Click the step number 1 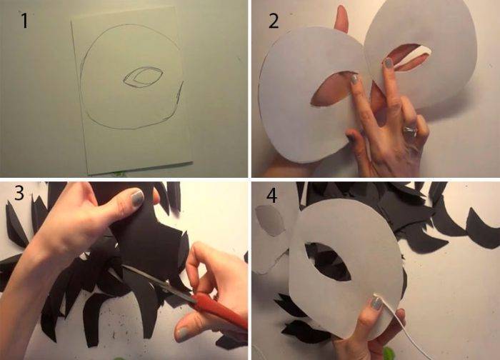[24, 21]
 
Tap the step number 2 [274, 21]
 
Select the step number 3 [19, 193]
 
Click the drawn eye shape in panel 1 [143, 77]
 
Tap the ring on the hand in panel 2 [410, 131]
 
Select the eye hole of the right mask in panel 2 [411, 56]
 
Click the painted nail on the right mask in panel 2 [389, 62]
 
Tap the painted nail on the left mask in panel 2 [354, 79]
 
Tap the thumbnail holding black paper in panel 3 [137, 198]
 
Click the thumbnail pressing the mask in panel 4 [376, 303]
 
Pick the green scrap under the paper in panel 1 [119, 174]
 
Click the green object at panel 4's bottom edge [389, 354]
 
